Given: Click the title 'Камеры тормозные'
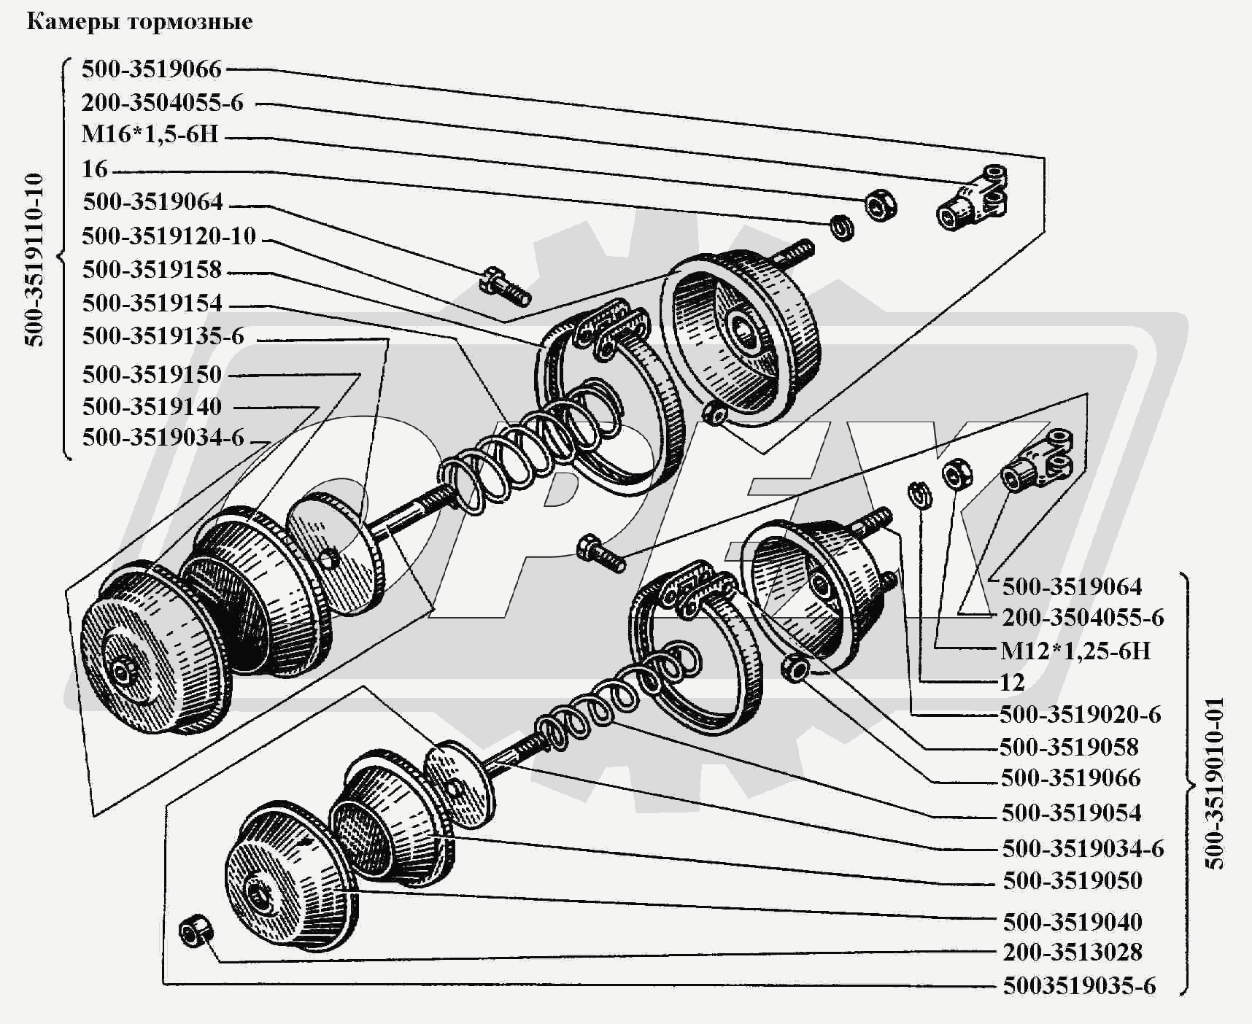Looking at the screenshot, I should point(139,22).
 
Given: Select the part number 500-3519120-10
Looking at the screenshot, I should point(169,236).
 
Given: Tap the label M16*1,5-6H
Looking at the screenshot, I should point(150,135).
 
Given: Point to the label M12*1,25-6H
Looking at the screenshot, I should point(1075,651).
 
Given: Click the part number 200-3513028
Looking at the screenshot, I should point(1072,952).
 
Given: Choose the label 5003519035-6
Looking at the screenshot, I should point(1079,986).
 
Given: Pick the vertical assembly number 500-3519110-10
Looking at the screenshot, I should point(35,259).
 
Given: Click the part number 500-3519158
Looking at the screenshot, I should point(152,270).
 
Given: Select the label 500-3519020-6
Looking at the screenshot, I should point(1080,714).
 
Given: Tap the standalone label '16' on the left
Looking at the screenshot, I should point(95,169).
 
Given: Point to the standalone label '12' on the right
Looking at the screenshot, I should point(1012,683).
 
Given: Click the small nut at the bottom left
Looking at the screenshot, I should point(195,930).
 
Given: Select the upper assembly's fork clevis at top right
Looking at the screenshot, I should point(973,197).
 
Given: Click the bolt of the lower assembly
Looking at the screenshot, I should point(600,553).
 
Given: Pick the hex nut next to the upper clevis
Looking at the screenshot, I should point(880,205).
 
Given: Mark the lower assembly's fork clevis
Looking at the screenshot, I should point(1037,460).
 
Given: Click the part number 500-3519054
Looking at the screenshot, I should point(1071,812).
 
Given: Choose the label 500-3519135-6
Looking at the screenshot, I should point(163,336).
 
